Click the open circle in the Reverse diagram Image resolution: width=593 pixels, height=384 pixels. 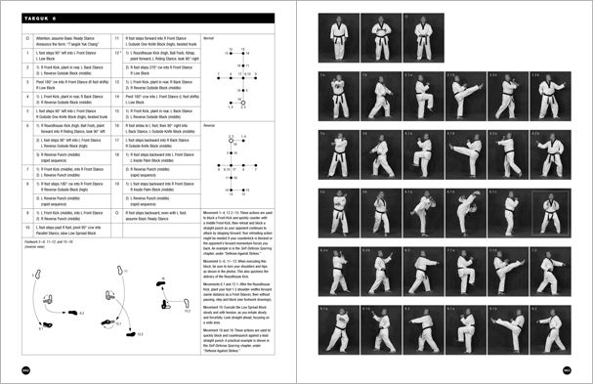230,141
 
